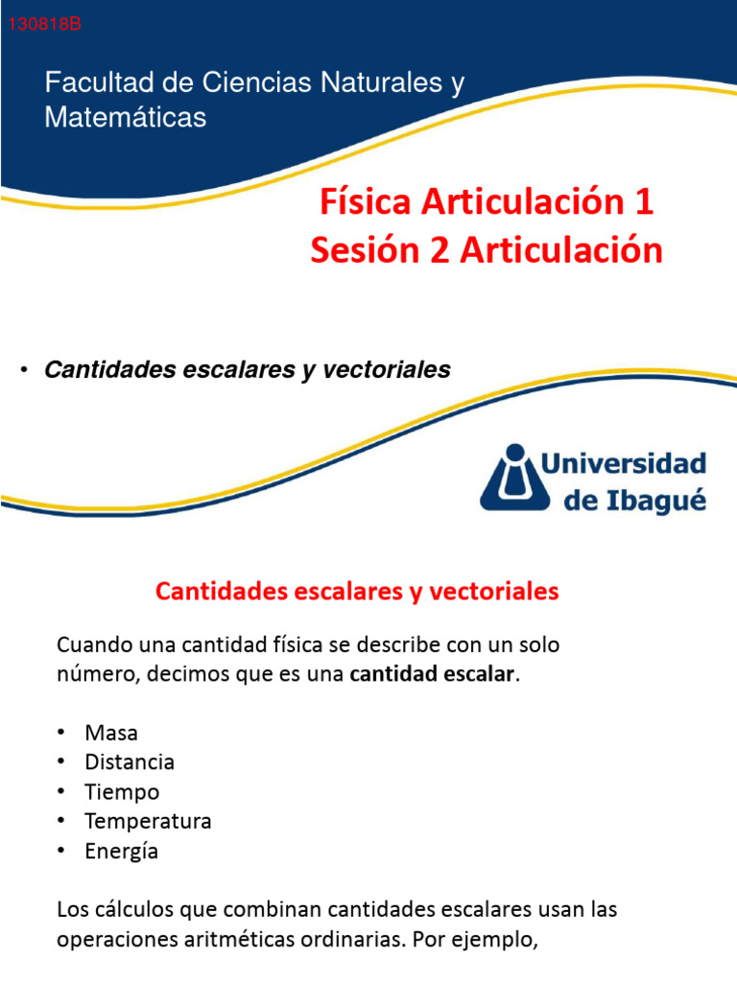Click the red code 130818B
pyautogui.click(x=44, y=25)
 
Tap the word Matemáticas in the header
pyautogui.click(x=125, y=118)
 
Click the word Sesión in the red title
pyautogui.click(x=358, y=250)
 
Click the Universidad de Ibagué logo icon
pyautogui.click(x=515, y=478)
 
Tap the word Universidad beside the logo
pyautogui.click(x=624, y=464)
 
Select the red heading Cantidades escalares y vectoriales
pyautogui.click(x=357, y=591)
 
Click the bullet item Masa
pyautogui.click(x=111, y=733)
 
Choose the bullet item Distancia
pyautogui.click(x=130, y=762)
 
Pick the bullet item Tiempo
pyautogui.click(x=122, y=792)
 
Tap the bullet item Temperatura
pyautogui.click(x=148, y=822)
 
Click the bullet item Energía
pyautogui.click(x=121, y=852)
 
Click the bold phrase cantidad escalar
pyautogui.click(x=433, y=674)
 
